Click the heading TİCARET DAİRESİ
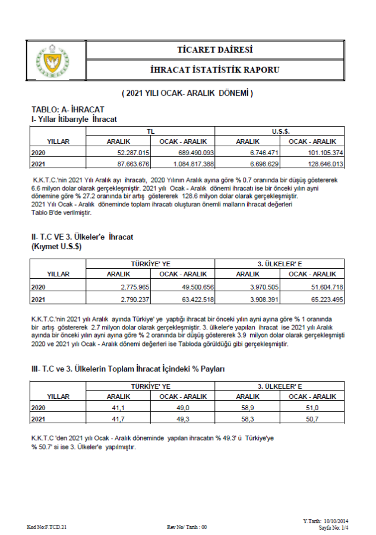pyautogui.click(x=214, y=49)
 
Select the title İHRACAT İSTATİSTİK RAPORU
pyautogui.click(x=214, y=70)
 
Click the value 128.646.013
pyautogui.click(x=315, y=163)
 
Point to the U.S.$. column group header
pyautogui.click(x=280, y=131)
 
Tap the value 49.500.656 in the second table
pyautogui.click(x=187, y=287)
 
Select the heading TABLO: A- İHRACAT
pyautogui.click(x=68, y=110)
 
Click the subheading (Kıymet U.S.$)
pyautogui.click(x=56, y=246)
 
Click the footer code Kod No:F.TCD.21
pyautogui.click(x=48, y=527)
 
